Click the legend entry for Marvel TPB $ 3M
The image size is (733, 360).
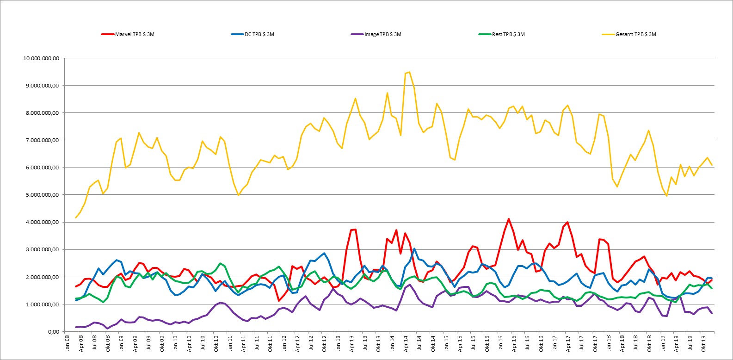128,34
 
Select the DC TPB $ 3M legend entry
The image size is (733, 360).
253,34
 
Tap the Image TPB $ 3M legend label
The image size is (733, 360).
376,34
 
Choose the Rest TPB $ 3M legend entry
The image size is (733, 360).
502,34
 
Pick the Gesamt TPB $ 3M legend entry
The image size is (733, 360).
629,34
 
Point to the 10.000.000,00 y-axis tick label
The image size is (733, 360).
41,58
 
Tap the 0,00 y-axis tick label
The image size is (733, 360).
54,332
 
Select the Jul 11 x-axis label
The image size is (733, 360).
257,343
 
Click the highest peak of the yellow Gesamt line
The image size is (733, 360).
409,72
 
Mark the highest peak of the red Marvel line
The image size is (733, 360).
509,219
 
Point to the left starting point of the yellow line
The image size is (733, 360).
76,217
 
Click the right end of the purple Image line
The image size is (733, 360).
712,314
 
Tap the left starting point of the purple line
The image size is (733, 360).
76,327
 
